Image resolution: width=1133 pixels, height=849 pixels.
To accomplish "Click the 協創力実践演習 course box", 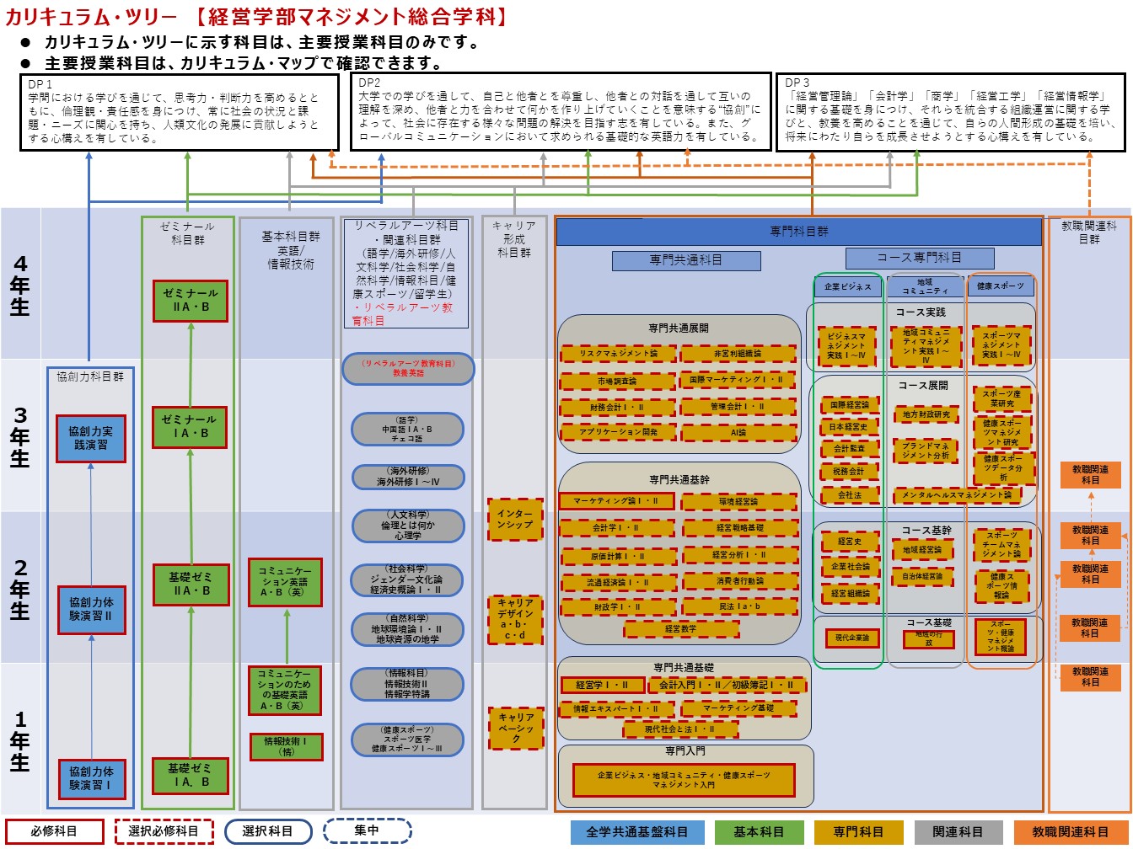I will [x=90, y=438].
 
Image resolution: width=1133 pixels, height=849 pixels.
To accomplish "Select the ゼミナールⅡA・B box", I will [x=190, y=301].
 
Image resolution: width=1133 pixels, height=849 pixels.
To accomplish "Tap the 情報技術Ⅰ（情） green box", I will [x=286, y=747].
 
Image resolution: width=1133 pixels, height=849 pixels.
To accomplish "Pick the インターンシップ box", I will [x=514, y=519].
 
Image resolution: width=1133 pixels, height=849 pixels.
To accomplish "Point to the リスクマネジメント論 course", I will [x=617, y=354].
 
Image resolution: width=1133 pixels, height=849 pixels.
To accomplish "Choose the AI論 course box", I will [x=738, y=433].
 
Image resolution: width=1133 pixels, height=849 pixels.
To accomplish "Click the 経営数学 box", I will [x=680, y=629].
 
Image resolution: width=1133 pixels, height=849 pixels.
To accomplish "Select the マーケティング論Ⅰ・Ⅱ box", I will [x=617, y=501].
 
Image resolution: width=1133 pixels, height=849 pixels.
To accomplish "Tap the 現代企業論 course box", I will [x=851, y=638].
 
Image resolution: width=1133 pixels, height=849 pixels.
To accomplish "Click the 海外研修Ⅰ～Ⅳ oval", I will [x=408, y=477].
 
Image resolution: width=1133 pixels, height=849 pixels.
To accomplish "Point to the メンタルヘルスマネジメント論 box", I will [x=956, y=495].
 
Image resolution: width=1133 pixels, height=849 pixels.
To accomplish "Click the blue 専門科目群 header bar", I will [x=798, y=232].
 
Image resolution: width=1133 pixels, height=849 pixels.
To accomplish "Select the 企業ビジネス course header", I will [x=847, y=286].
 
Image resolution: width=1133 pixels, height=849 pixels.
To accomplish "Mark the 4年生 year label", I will [x=20, y=285].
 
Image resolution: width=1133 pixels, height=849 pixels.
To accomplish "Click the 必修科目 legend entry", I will [x=55, y=831].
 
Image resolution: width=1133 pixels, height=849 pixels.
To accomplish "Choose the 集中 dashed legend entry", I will [x=367, y=830].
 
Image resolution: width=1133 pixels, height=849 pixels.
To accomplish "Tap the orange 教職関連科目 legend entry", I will [x=1070, y=832].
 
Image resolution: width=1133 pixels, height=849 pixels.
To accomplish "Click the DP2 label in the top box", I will [x=369, y=83].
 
